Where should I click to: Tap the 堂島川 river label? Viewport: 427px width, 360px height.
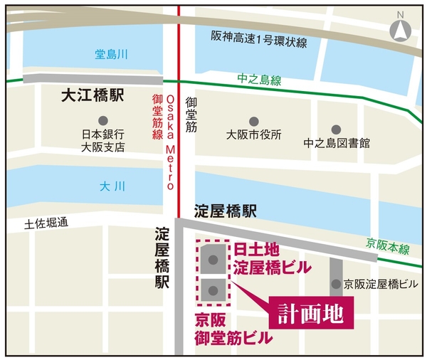point(110,54)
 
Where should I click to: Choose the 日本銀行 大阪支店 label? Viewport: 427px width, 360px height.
point(103,141)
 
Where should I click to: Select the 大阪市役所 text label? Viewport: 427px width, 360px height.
point(254,134)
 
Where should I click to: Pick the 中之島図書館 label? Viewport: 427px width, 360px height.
point(337,142)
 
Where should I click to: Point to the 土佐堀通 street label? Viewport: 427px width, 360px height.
point(46,223)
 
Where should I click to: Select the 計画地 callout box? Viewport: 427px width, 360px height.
point(312,312)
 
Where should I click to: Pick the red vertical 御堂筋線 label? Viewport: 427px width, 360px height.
point(157,117)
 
